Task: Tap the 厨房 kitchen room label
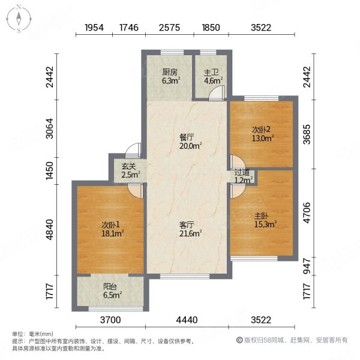[170, 73]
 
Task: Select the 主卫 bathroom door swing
[216, 93]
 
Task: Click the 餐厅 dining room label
[187, 137]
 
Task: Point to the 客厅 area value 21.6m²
[190, 233]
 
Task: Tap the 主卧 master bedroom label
[261, 216]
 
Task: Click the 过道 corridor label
[242, 172]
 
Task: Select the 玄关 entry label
[128, 166]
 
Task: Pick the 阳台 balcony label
[110, 287]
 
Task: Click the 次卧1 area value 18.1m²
[113, 233]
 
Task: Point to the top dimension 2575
[169, 28]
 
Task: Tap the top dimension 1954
[94, 28]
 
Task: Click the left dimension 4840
[50, 230]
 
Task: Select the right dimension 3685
[307, 134]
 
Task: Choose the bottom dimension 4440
[187, 320]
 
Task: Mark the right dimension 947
[307, 266]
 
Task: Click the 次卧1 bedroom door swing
[136, 191]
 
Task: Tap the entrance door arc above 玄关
[133, 151]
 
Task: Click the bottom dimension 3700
[110, 320]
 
